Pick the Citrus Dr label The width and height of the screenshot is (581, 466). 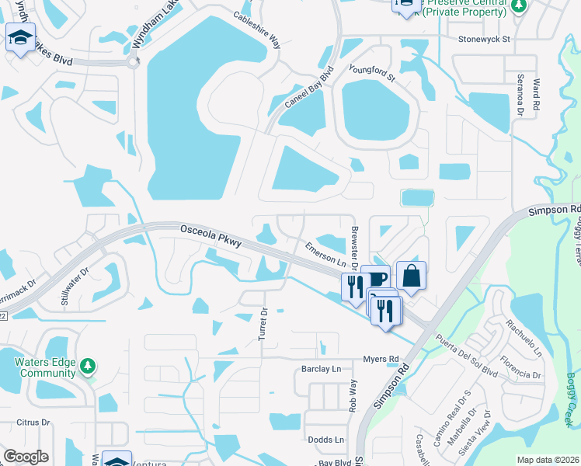pos(33,423)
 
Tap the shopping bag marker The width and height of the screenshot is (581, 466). pos(411,275)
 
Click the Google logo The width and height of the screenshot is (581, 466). pos(26,457)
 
